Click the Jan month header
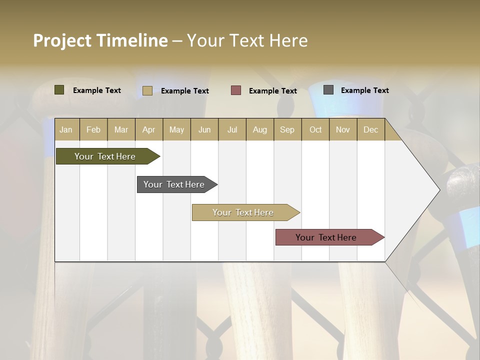coord(66,129)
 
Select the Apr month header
coord(148,129)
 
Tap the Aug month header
coord(259,129)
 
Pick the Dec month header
coord(370,129)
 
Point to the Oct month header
coord(315,129)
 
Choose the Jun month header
coord(204,129)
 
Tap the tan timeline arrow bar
coord(243,212)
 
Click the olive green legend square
coord(59,90)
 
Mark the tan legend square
coord(147,90)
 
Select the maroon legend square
coord(235,90)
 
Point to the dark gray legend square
coord(328,90)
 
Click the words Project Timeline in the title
coord(100,40)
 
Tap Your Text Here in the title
coord(247,40)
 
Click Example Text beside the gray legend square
coord(364,90)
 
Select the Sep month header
coord(287,129)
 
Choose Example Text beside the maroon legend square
coord(272,91)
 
